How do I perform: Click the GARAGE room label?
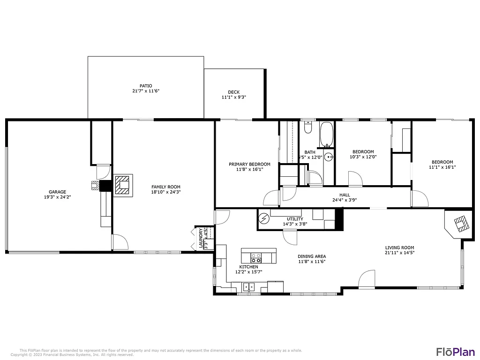point(57,192)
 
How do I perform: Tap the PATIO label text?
point(146,86)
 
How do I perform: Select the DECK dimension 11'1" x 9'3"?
point(234,97)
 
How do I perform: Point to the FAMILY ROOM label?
point(165,187)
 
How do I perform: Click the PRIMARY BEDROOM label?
point(249,164)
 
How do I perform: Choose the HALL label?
point(345,195)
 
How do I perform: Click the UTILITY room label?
point(295,219)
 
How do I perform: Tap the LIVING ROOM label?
point(399,247)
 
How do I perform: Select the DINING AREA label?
point(312,256)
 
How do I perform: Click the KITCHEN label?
point(248,267)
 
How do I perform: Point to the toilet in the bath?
point(308,127)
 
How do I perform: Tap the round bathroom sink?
point(329,157)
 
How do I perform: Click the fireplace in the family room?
point(123,185)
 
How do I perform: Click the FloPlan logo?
point(455,351)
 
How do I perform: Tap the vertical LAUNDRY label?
point(201,238)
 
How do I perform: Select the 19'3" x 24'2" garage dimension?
point(57,197)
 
